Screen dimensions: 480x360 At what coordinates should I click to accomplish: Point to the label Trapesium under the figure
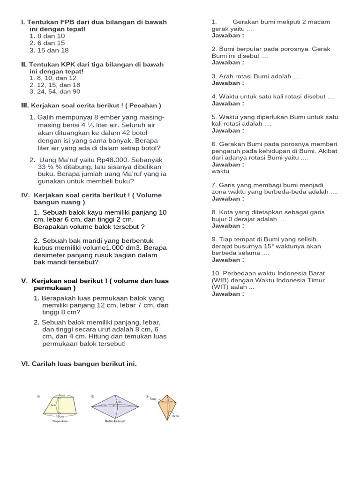click(60, 421)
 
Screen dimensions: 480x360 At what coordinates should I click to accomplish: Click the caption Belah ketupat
click(114, 421)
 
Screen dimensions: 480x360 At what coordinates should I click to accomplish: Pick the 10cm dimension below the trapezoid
click(60, 416)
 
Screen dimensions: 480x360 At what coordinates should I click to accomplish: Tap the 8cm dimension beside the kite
click(175, 415)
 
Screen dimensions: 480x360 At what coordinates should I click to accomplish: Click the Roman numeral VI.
click(25, 364)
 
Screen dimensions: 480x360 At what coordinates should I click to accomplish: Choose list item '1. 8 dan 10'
click(47, 36)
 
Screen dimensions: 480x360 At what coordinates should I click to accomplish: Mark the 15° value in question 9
click(274, 246)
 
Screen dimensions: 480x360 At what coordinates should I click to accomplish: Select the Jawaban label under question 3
click(228, 83)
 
